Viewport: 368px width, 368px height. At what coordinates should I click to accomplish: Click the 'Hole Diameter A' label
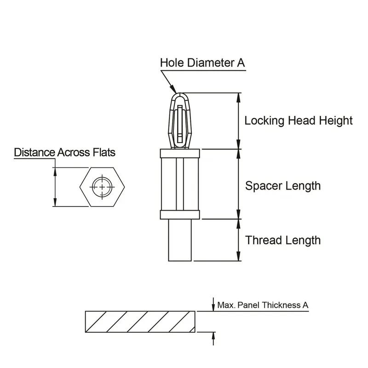pyautogui.click(x=202, y=63)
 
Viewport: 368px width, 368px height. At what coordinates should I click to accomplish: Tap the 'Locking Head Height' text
pyautogui.click(x=298, y=121)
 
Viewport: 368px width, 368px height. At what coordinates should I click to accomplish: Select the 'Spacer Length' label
pyautogui.click(x=282, y=186)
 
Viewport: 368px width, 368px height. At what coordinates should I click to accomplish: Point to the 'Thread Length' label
pyautogui.click(x=282, y=240)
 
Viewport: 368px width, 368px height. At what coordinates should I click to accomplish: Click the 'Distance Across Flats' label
pyautogui.click(x=64, y=152)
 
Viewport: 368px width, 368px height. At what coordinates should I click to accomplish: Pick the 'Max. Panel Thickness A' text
pyautogui.click(x=263, y=305)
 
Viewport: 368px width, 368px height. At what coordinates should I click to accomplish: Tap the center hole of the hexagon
pyautogui.click(x=101, y=187)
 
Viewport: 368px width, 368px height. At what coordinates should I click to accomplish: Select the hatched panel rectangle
pyautogui.click(x=140, y=321)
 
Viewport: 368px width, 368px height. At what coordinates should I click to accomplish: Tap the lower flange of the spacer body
pyautogui.click(x=179, y=214)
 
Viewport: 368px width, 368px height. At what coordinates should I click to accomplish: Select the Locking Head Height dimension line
pyautogui.click(x=238, y=121)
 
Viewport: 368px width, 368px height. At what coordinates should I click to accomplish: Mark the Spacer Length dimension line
pyautogui.click(x=238, y=184)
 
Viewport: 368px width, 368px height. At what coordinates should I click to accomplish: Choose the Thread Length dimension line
pyautogui.click(x=238, y=240)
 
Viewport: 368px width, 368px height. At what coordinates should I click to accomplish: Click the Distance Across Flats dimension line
pyautogui.click(x=55, y=187)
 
